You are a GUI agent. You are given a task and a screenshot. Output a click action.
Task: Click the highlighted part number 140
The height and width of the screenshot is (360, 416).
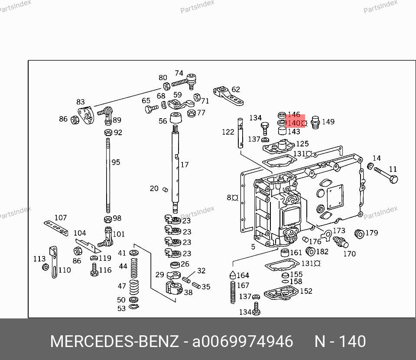(294, 123)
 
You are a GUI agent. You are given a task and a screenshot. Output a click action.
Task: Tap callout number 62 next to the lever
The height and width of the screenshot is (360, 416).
(236, 89)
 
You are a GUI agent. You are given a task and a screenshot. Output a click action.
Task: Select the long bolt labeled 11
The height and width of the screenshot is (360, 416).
(386, 175)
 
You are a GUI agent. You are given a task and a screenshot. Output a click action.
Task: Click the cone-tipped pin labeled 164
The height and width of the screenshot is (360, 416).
(233, 275)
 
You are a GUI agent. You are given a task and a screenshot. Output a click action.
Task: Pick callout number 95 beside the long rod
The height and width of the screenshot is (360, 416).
(116, 162)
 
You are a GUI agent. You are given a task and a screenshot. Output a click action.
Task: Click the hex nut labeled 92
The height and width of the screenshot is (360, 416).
(108, 132)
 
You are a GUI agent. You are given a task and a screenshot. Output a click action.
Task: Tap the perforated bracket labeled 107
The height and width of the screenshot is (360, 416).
(56, 227)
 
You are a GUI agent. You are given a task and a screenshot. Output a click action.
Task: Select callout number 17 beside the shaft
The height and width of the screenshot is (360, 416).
(185, 165)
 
